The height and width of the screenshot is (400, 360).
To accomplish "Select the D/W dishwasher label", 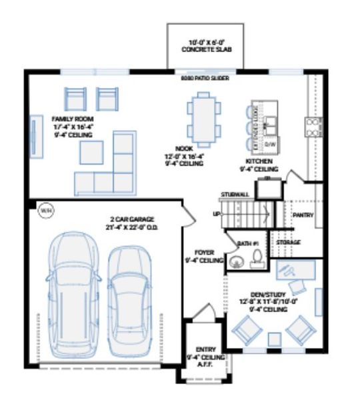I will click(270, 144).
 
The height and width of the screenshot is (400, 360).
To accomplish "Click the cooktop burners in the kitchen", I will click(312, 125).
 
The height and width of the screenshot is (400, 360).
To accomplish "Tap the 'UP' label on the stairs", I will click(215, 214).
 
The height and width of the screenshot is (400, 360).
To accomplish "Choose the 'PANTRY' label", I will click(303, 215).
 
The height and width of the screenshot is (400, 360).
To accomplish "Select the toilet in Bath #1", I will click(255, 257).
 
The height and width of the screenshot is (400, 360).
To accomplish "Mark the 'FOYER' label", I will click(203, 253).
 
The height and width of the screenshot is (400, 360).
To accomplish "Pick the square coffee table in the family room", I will click(92, 152).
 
